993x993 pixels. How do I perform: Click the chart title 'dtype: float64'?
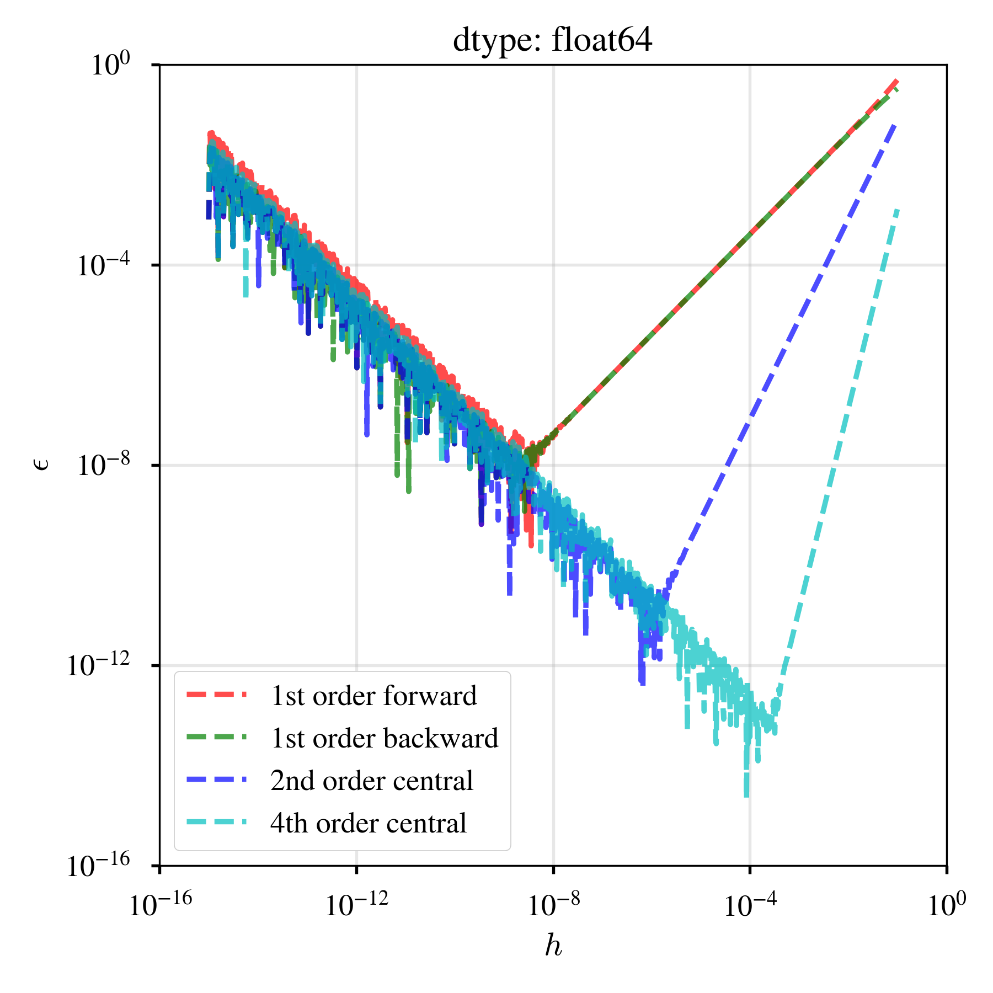(x=552, y=40)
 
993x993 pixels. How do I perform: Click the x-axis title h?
(x=553, y=946)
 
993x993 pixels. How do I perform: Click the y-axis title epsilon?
(x=42, y=465)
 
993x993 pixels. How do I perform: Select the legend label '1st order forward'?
(x=373, y=696)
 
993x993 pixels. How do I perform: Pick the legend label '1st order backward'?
(x=384, y=738)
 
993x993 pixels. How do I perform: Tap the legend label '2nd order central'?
(x=371, y=781)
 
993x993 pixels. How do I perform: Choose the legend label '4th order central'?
(x=368, y=823)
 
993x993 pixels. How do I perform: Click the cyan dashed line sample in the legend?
(x=216, y=823)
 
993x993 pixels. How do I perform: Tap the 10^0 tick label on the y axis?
(x=110, y=65)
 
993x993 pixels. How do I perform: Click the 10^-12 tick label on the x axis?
(x=356, y=905)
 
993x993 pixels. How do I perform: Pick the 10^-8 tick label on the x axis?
(x=553, y=905)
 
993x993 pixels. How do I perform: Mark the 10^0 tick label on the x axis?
(x=947, y=905)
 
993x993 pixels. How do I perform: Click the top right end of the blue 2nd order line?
(x=895, y=126)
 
